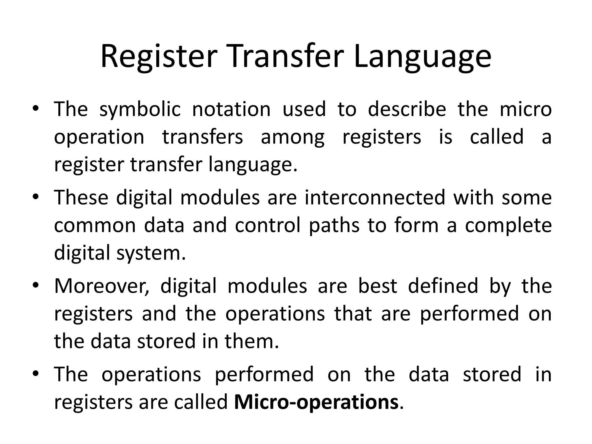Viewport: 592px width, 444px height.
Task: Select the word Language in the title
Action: tap(422, 58)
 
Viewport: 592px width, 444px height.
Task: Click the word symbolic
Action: tap(140, 110)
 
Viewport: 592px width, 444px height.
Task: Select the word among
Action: tap(293, 138)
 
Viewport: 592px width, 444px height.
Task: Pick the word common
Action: tap(95, 226)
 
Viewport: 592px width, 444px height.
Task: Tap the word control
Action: tap(268, 225)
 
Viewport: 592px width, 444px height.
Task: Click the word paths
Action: tap(334, 226)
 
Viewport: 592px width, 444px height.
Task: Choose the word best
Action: tap(378, 286)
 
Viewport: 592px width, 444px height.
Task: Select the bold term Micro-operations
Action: tap(316, 403)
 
